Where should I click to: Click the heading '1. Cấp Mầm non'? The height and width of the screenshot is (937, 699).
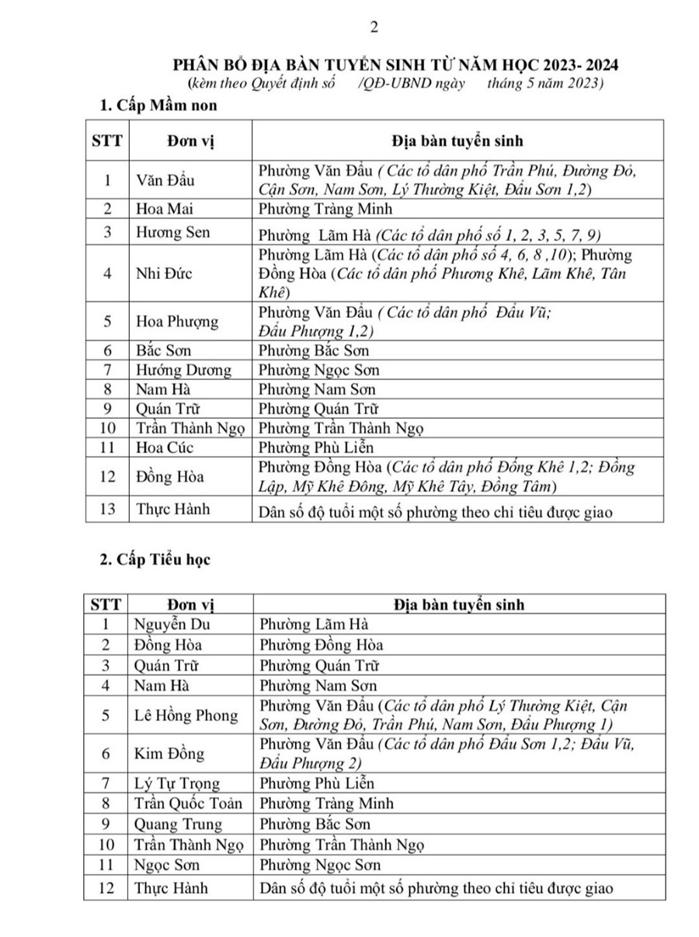click(154, 106)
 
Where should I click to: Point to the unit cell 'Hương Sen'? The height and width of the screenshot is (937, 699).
click(172, 232)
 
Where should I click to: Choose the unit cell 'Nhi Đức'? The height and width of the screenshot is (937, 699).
click(163, 273)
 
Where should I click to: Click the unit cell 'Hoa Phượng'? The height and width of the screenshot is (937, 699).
click(177, 321)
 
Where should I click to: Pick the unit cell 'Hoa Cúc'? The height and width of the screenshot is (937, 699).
click(164, 447)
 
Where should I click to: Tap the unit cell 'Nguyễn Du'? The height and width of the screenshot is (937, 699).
click(172, 624)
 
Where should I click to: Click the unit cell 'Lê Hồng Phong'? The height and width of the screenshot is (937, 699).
click(186, 715)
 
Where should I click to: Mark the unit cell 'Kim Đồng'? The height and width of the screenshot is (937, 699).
click(169, 754)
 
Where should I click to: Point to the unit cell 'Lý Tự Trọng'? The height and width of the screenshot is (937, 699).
click(177, 783)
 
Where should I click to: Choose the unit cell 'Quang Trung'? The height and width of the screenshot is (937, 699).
click(178, 824)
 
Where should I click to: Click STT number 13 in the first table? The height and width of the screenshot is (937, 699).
click(108, 510)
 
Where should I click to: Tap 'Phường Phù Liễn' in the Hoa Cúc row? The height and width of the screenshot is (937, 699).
click(316, 447)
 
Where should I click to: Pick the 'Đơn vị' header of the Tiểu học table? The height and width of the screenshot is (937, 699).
click(183, 604)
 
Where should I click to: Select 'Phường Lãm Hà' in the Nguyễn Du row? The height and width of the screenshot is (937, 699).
click(313, 624)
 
